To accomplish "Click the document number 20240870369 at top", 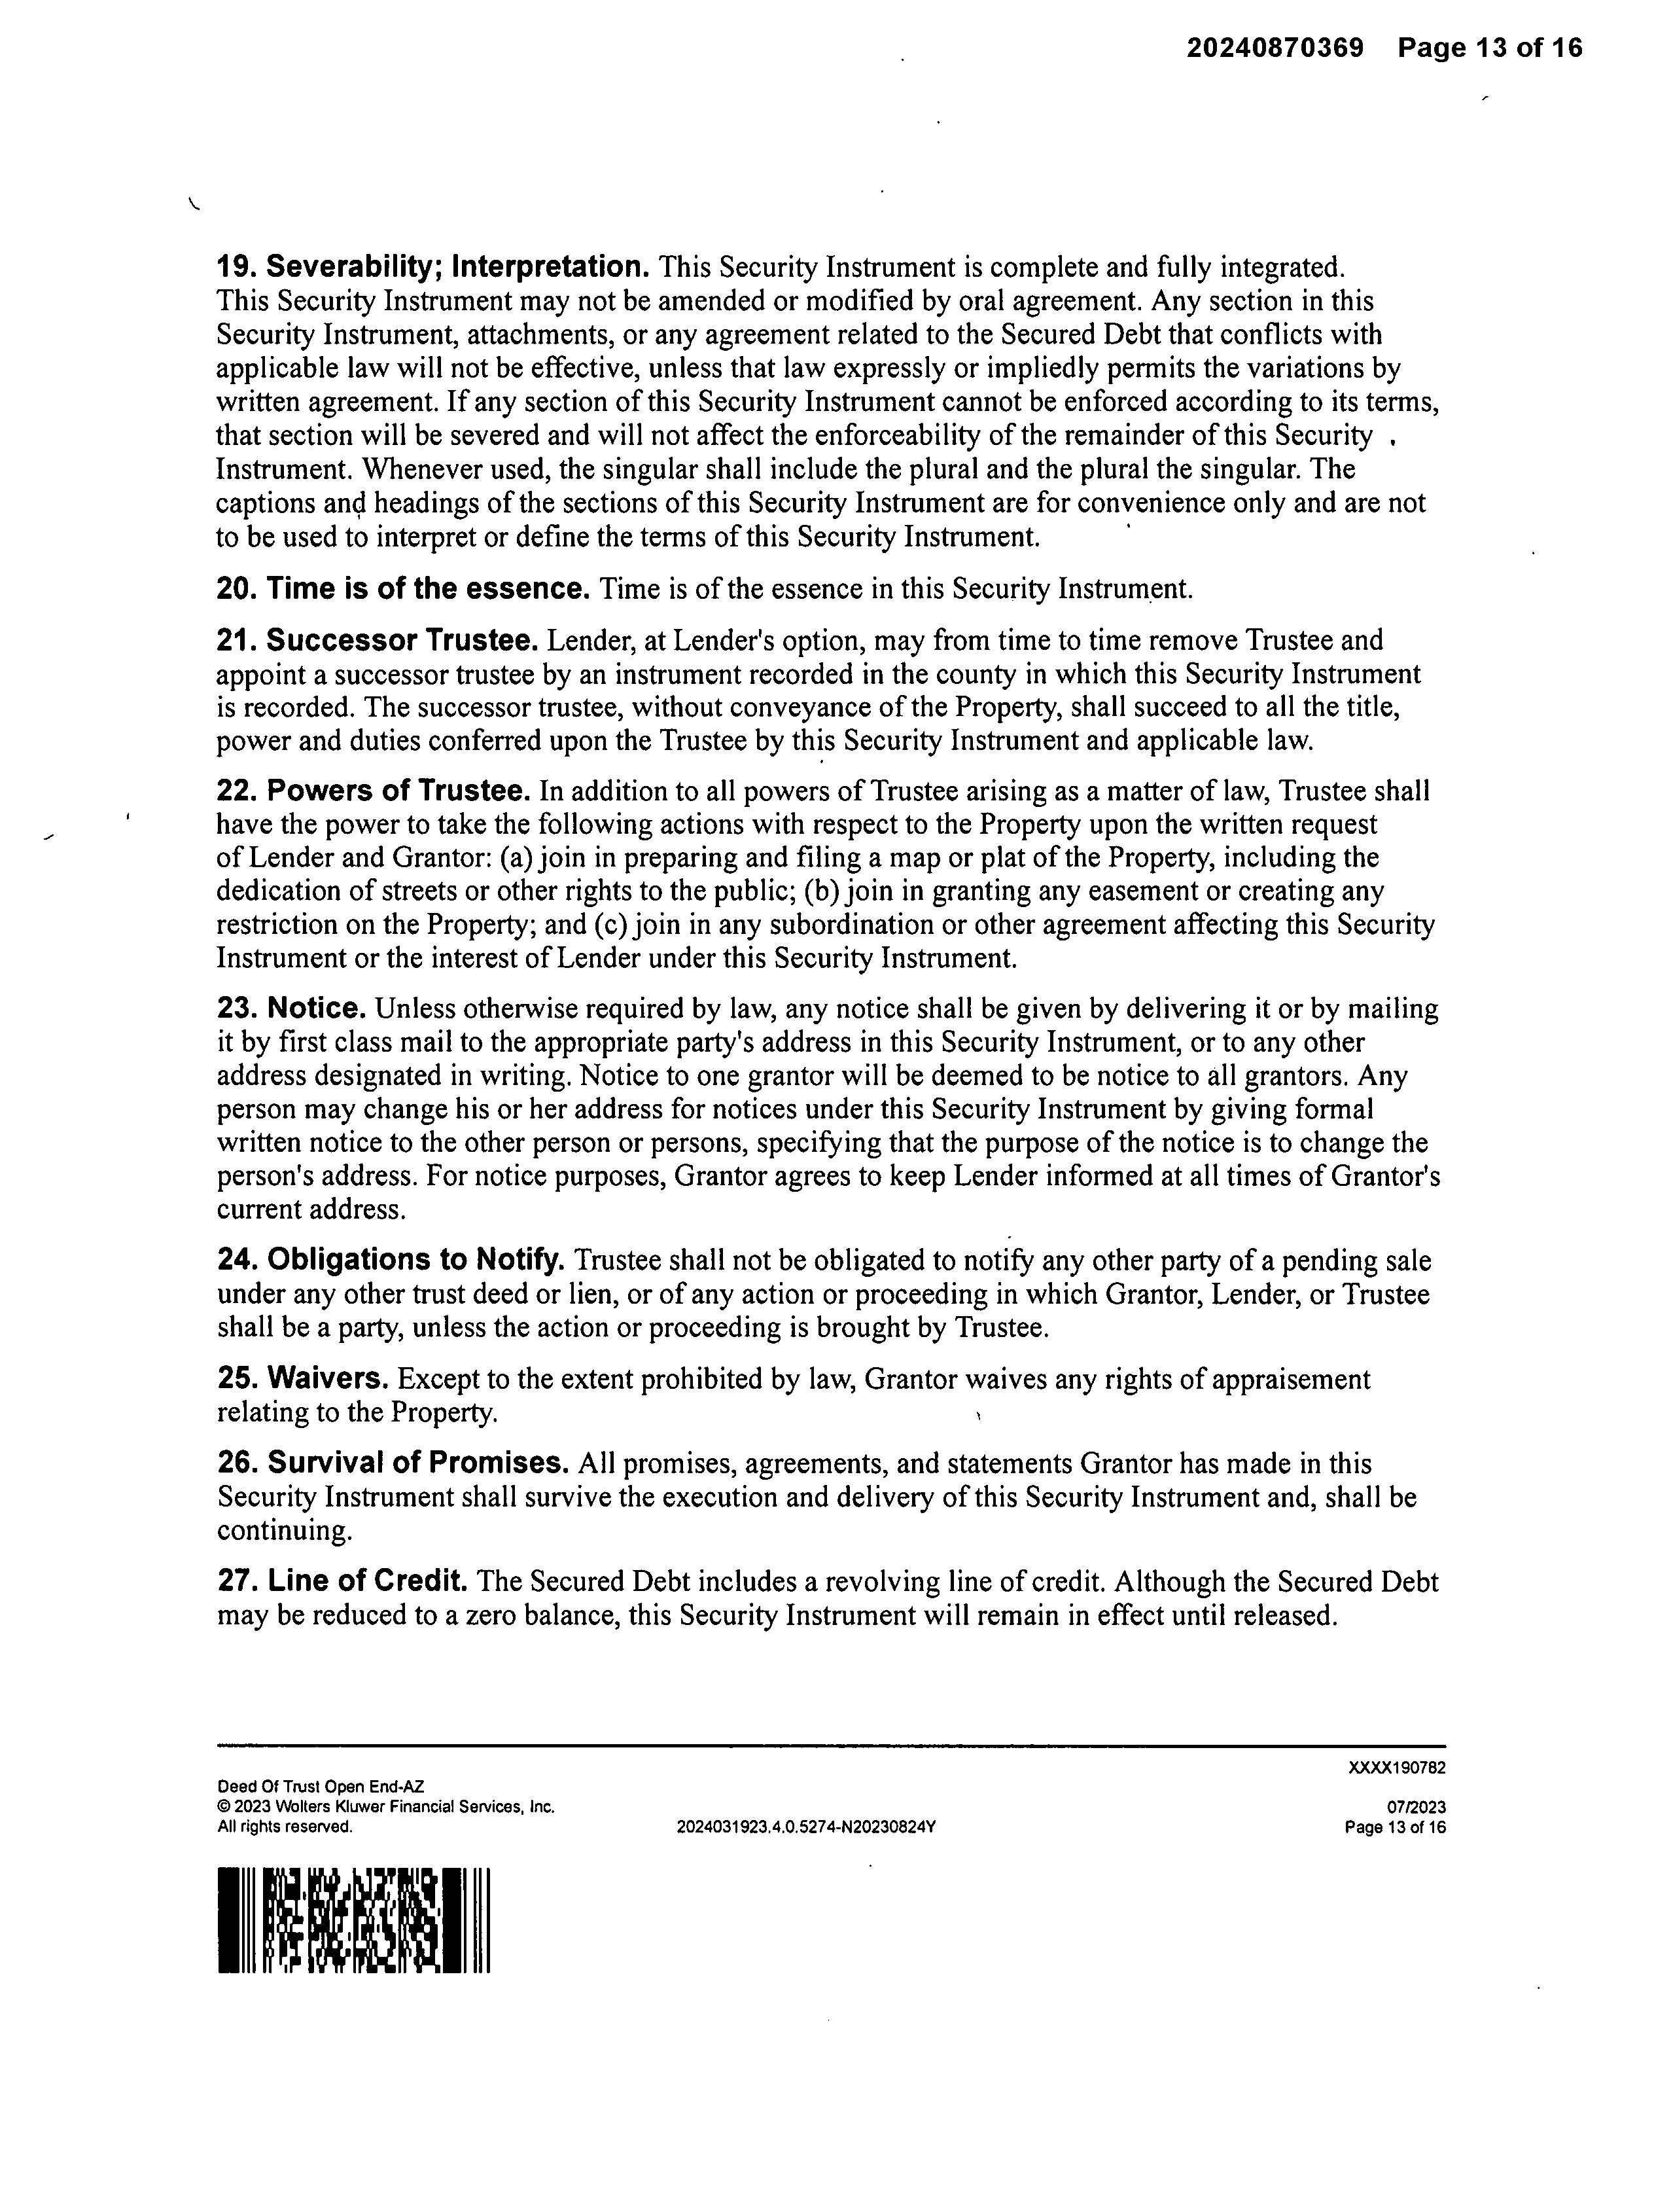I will tap(1275, 48).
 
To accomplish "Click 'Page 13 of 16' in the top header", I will tap(1489, 48).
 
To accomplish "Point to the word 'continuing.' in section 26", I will tap(284, 1531).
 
